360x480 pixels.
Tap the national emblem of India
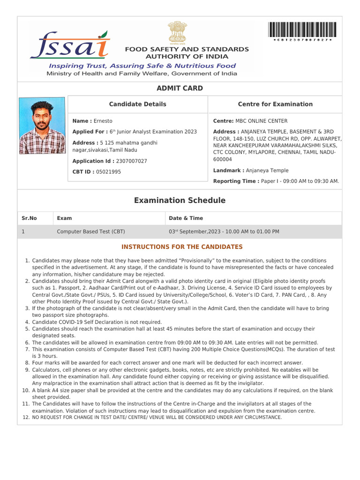tap(177, 32)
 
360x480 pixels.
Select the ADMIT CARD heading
tap(180, 88)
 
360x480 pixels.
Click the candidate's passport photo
tap(42, 126)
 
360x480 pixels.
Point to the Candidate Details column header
tap(137, 104)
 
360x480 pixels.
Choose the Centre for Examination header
tap(275, 104)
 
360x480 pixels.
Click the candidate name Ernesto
tap(103, 121)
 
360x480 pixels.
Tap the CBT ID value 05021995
tap(108, 172)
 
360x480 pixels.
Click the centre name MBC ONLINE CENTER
tap(262, 121)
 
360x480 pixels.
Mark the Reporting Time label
tap(236, 181)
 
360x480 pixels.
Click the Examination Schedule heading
tap(180, 201)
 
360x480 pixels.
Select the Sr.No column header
tap(29, 218)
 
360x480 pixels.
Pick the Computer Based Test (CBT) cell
tap(90, 232)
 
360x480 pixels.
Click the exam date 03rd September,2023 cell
tap(224, 232)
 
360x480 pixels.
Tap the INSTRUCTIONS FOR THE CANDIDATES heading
tap(182, 247)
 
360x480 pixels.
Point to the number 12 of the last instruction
tap(26, 417)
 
